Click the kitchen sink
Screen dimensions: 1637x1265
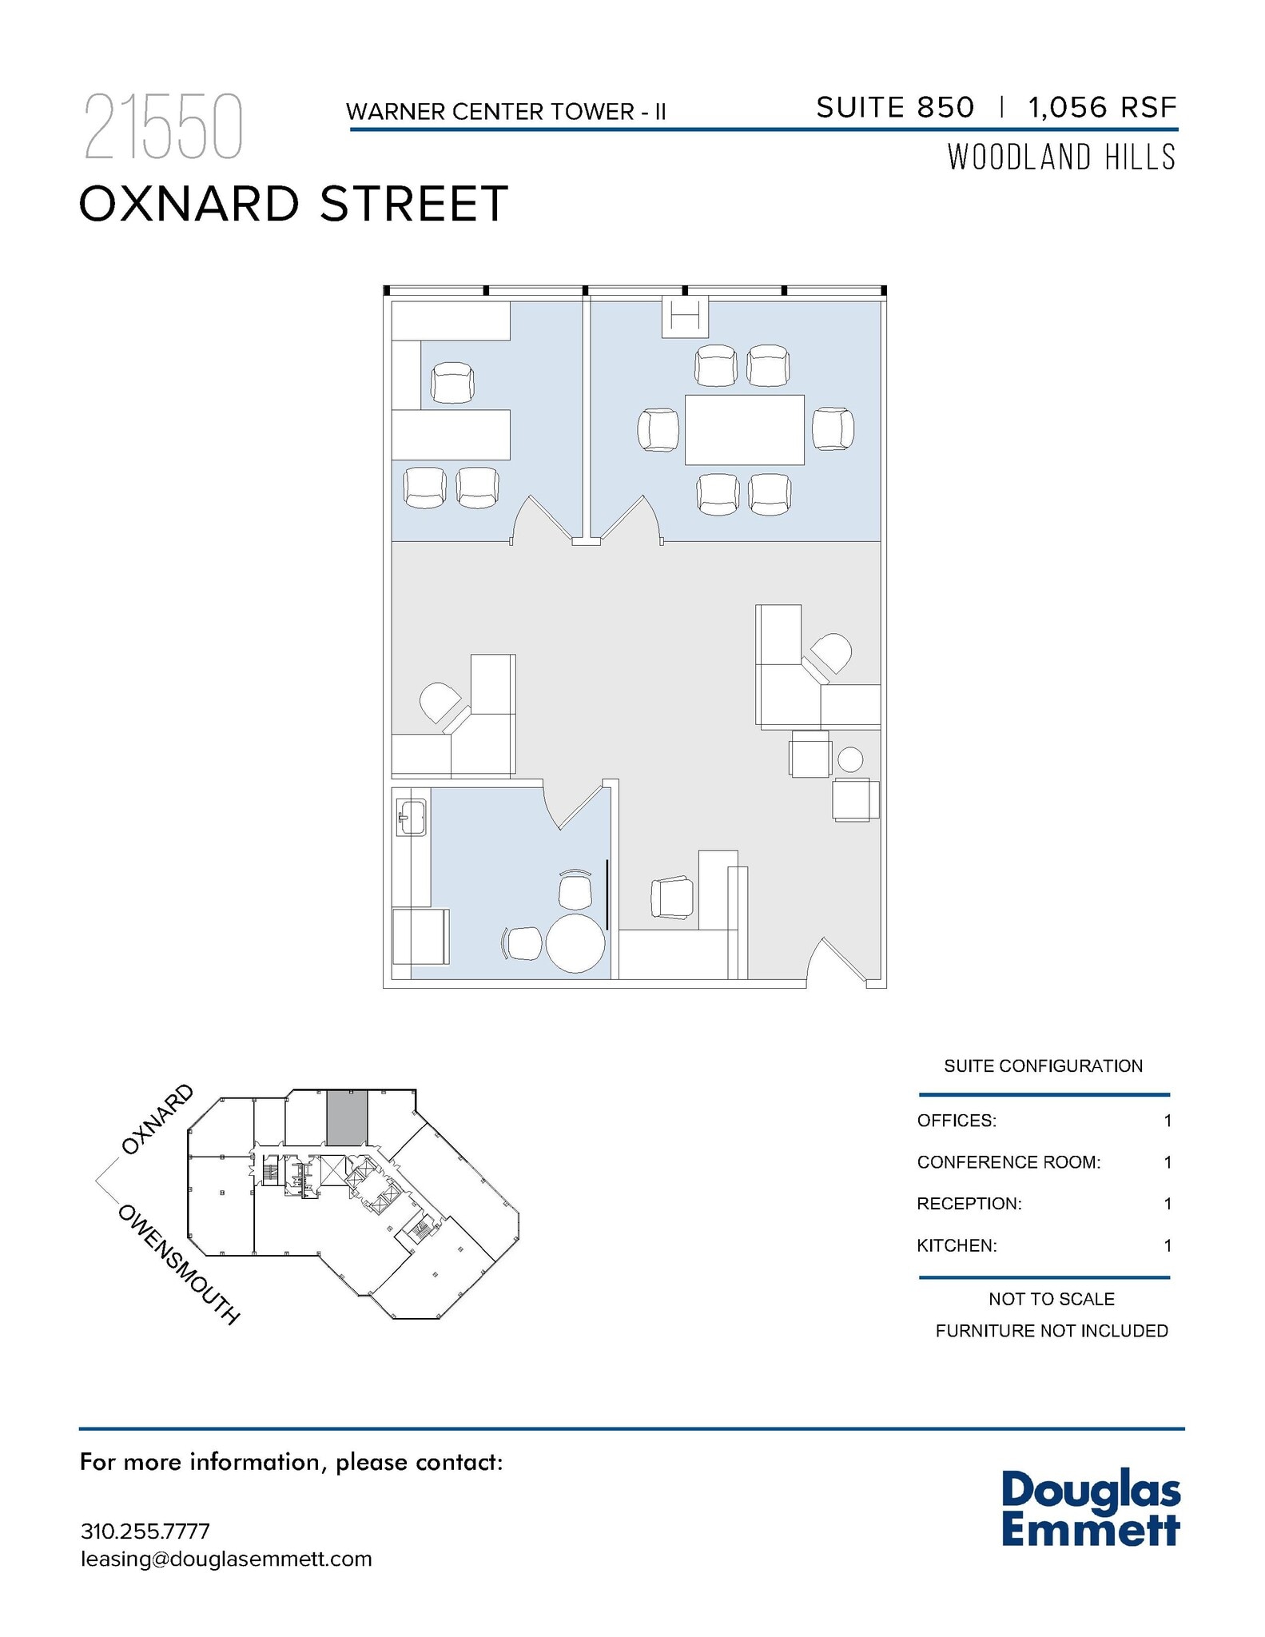coord(412,818)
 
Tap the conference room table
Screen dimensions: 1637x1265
coord(744,429)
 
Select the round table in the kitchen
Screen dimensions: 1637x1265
coord(575,943)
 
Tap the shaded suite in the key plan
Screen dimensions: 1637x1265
coord(347,1117)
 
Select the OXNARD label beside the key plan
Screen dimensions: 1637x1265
coord(157,1119)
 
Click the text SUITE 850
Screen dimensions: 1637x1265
coord(895,107)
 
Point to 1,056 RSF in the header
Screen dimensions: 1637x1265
coord(1103,107)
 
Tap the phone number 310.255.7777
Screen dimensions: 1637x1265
coord(145,1531)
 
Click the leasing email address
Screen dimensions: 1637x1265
coord(226,1559)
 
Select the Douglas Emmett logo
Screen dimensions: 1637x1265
coord(1091,1508)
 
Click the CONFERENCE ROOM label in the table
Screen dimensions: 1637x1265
coord(1008,1162)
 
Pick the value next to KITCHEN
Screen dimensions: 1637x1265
coord(1168,1245)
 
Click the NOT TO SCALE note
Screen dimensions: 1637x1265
coord(1051,1299)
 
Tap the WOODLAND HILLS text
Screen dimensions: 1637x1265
coord(1061,157)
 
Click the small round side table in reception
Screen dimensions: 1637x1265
coord(850,759)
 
